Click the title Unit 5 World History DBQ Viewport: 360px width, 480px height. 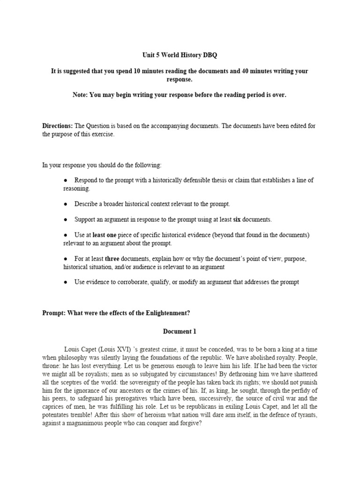pos(180,55)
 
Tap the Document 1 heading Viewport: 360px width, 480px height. pos(180,331)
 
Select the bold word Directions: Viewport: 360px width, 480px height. pos(57,126)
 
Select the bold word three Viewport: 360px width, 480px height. pos(112,259)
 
